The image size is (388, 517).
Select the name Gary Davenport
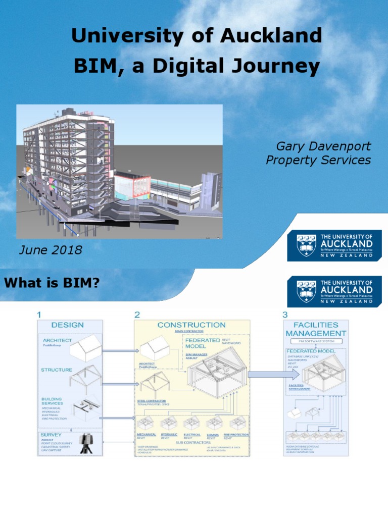[323, 146]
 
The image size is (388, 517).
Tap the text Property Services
[318, 161]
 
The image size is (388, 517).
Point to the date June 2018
[50, 250]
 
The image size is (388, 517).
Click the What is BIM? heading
[52, 283]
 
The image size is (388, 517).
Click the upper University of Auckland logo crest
[307, 245]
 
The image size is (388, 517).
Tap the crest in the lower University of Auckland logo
[307, 291]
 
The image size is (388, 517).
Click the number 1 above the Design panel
[39, 315]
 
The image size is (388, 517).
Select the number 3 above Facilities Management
[285, 315]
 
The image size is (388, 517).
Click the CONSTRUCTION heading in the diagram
[191, 325]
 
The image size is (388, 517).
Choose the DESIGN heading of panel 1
[67, 325]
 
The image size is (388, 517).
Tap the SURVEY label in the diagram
[52, 435]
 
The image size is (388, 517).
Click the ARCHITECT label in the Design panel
[57, 341]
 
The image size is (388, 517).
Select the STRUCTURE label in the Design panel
[56, 370]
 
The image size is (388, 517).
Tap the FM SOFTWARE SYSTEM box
[316, 342]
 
